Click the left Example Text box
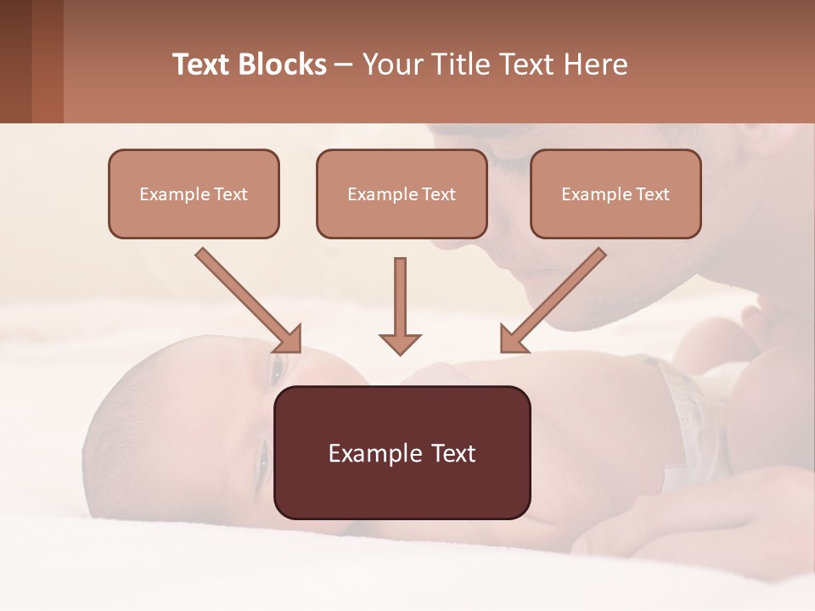pos(194,193)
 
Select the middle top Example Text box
pos(402,193)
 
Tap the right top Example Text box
pos(615,193)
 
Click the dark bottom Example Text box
pos(402,452)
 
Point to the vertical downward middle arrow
pos(400,305)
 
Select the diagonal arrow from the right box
pos(554,300)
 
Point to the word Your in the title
pos(391,64)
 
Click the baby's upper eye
pos(276,367)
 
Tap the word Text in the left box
pos(230,193)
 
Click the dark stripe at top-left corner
pos(15,61)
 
